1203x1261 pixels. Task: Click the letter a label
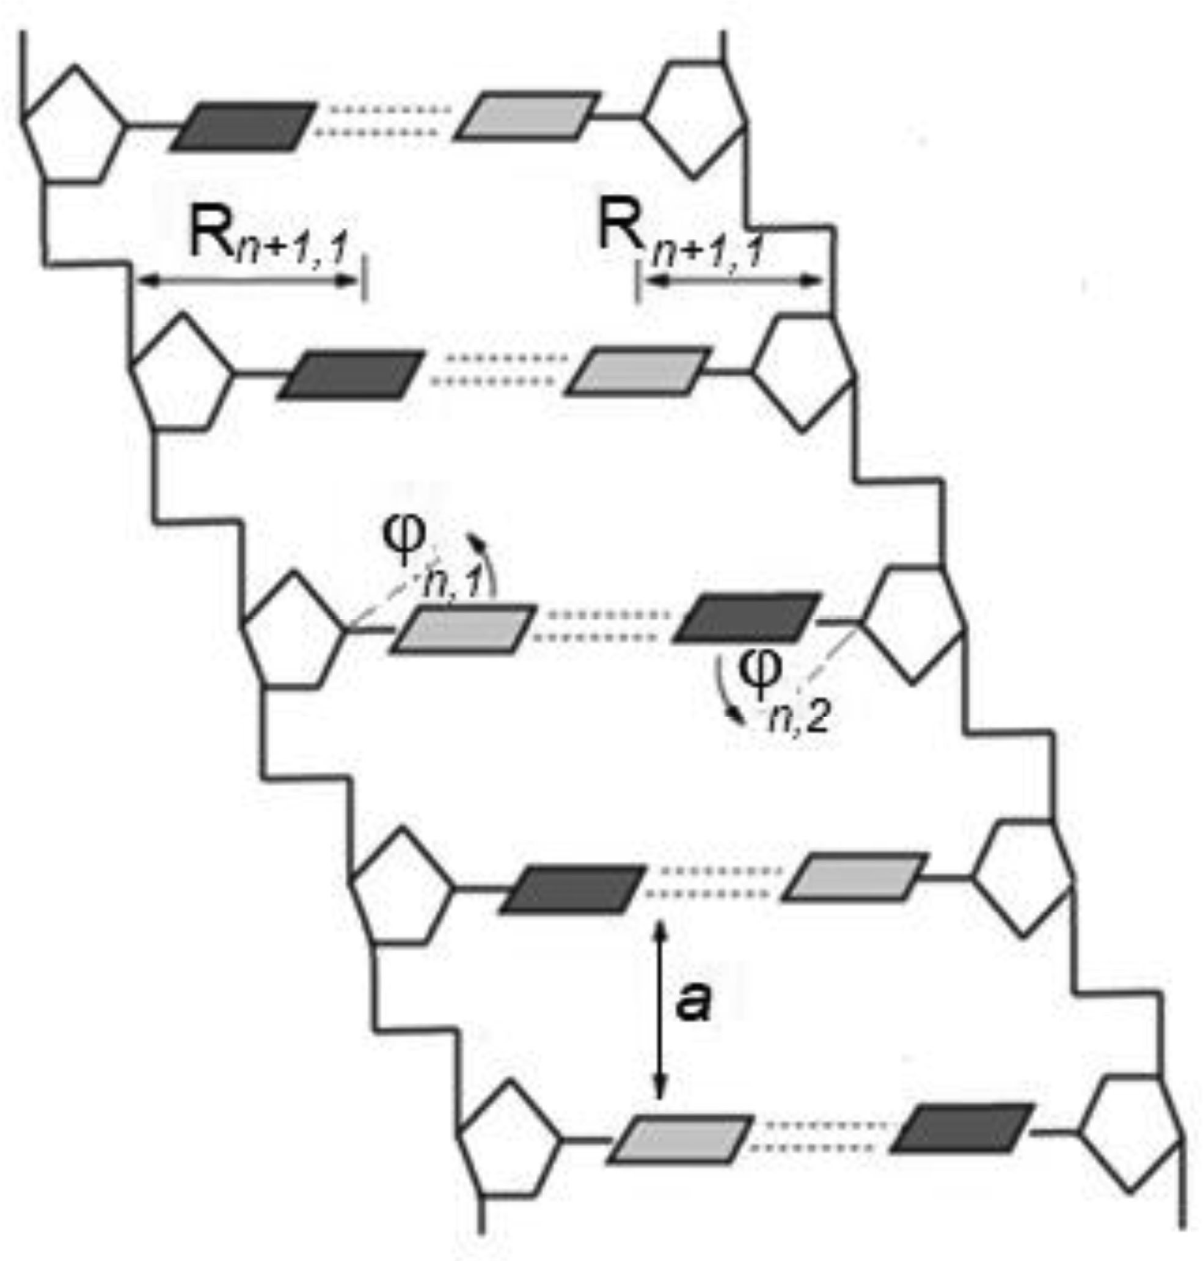pyautogui.click(x=693, y=1002)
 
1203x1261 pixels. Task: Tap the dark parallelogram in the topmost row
pyautogui.click(x=244, y=127)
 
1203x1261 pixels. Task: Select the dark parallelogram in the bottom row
pyautogui.click(x=962, y=1127)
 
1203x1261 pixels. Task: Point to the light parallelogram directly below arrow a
pyautogui.click(x=680, y=1139)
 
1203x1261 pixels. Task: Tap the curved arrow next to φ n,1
pyautogui.click(x=487, y=564)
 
